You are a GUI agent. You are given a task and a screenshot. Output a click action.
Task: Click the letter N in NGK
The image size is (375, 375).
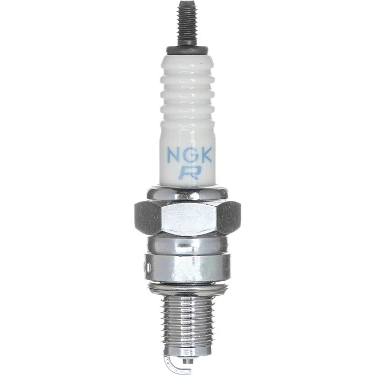(174, 155)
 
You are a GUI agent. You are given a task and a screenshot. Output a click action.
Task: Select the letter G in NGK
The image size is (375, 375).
(190, 155)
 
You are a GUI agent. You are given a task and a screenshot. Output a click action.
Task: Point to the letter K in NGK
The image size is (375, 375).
(205, 155)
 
